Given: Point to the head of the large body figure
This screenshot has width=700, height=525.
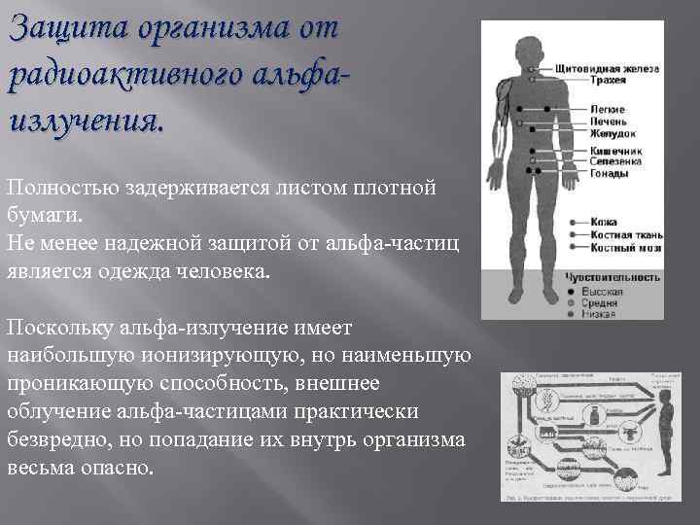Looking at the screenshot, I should [x=530, y=44].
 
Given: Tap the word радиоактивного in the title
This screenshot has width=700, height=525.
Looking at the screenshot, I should [x=113, y=74].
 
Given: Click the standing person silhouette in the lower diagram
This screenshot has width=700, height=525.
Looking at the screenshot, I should [x=665, y=428].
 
